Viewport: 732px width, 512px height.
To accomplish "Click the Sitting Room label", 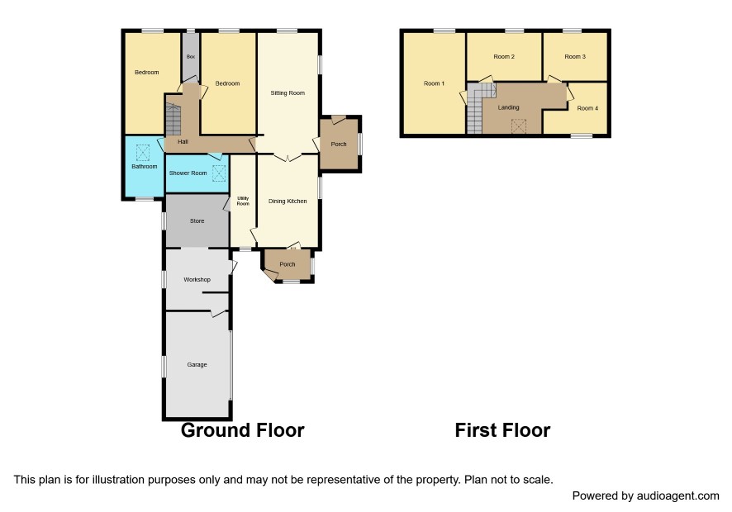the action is coord(288,92).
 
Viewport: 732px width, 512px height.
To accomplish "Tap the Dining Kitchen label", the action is coord(288,201).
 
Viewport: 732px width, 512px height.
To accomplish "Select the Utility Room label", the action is coord(243,201).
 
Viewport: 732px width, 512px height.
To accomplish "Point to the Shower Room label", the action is coord(188,173).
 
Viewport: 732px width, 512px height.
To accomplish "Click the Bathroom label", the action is coord(145,166).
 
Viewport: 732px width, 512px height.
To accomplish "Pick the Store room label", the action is coord(197,220).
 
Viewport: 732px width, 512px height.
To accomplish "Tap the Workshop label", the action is coord(197,280).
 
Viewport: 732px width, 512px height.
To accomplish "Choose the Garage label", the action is coord(197,364).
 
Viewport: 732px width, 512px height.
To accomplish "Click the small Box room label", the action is coord(191,56).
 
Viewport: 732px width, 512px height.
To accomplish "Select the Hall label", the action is coord(183,141).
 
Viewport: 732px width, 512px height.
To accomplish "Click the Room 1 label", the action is coord(434,83).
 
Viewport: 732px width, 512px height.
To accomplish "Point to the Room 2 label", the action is coord(504,56).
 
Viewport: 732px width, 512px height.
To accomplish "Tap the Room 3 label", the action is coord(575,56).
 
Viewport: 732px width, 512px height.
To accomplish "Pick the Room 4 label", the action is coord(587,108).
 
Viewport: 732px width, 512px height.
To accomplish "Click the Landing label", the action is coord(508,107).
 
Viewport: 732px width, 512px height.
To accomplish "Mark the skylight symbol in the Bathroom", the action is coord(142,153).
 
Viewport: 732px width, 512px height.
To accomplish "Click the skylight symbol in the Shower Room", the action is coord(219,173).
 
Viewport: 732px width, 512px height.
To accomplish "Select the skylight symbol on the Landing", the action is coord(519,126).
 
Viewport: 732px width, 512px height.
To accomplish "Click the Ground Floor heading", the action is coord(243,430).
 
